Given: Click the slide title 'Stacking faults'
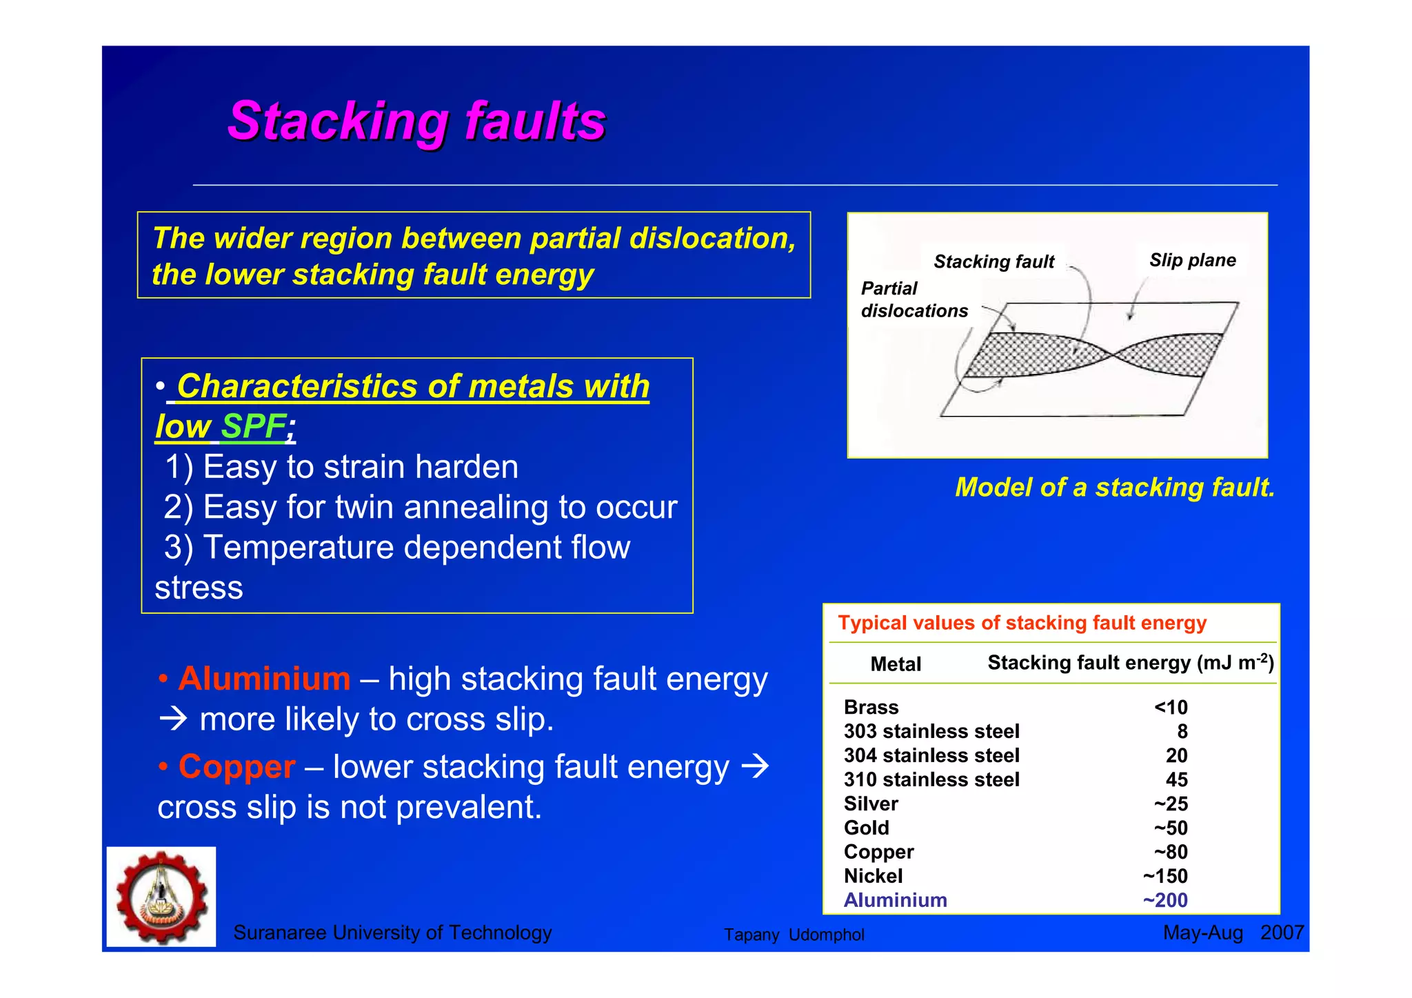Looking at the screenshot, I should click(x=416, y=121).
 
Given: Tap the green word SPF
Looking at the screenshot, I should click(x=253, y=426).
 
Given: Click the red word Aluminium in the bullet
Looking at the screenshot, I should click(x=264, y=679).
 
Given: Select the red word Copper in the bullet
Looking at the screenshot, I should click(x=236, y=767).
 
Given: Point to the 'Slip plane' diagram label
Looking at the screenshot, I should click(x=1192, y=260).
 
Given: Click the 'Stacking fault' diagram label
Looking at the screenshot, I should click(x=994, y=261).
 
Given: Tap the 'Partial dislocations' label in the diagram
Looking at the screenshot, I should click(x=914, y=299).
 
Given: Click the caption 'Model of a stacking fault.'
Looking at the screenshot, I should click(x=1114, y=488).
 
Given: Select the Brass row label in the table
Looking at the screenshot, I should click(x=871, y=708).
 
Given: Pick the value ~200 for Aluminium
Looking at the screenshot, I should click(x=1165, y=900).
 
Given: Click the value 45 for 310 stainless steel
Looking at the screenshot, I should click(x=1176, y=779).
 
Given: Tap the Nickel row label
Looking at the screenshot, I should click(x=873, y=876).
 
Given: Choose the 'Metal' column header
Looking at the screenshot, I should click(x=895, y=664).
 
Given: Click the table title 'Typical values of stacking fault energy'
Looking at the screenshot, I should click(x=1022, y=623).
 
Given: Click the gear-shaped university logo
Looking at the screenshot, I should click(x=161, y=897).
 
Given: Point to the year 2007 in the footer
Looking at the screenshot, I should click(x=1281, y=932).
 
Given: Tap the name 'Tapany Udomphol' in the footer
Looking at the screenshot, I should click(x=794, y=935).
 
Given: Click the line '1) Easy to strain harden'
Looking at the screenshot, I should click(x=341, y=467).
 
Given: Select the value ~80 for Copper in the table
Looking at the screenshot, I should click(x=1171, y=852).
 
